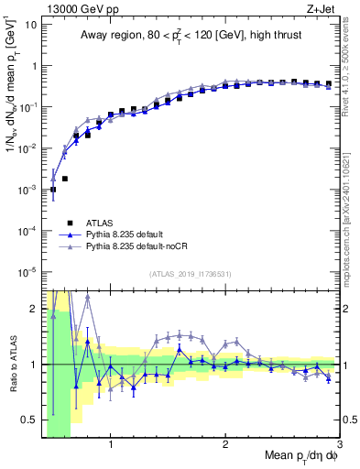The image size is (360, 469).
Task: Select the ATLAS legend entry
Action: [x=100, y=222]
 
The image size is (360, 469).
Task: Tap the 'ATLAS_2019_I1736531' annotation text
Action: [x=190, y=273]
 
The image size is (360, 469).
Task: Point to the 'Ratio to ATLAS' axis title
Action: [x=12, y=364]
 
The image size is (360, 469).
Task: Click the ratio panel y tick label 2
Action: [x=33, y=308]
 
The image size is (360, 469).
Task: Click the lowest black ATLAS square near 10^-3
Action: [x=53, y=190]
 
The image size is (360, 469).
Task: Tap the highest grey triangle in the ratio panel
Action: [x=87, y=297]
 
